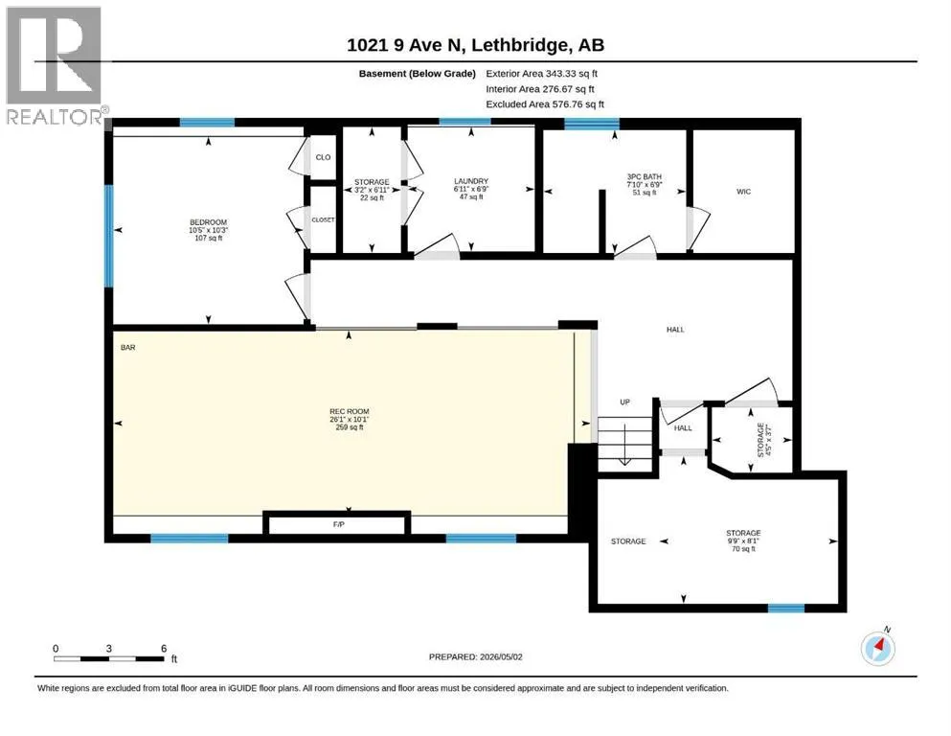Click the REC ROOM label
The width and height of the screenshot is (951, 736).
pyautogui.click(x=350, y=411)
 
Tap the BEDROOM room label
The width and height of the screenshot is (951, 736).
pyautogui.click(x=208, y=222)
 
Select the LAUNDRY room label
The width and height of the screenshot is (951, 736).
pyautogui.click(x=471, y=181)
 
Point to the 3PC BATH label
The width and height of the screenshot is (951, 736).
pyautogui.click(x=645, y=176)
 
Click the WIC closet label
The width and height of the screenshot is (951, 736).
pyautogui.click(x=743, y=192)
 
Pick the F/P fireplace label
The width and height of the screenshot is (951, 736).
pyautogui.click(x=338, y=524)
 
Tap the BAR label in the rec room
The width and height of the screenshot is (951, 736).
pyautogui.click(x=128, y=348)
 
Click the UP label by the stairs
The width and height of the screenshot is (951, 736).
pyautogui.click(x=624, y=402)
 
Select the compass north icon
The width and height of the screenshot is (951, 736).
pyautogui.click(x=878, y=648)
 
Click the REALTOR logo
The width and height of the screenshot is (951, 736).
pyautogui.click(x=54, y=65)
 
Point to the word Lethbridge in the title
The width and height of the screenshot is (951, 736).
pyautogui.click(x=520, y=45)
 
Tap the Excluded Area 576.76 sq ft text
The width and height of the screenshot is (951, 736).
pyautogui.click(x=545, y=104)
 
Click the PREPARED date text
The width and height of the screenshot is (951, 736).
pyautogui.click(x=475, y=656)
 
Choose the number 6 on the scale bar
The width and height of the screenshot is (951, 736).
pyautogui.click(x=164, y=649)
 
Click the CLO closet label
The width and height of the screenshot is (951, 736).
pyautogui.click(x=324, y=157)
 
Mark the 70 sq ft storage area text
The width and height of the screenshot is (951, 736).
pyautogui.click(x=743, y=549)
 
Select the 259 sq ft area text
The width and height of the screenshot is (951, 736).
pyautogui.click(x=350, y=427)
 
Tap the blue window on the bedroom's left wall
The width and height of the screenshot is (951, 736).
pyautogui.click(x=108, y=236)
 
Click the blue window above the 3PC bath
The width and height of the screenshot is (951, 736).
pyautogui.click(x=592, y=124)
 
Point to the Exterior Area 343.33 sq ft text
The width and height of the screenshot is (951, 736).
pyautogui.click(x=542, y=74)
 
